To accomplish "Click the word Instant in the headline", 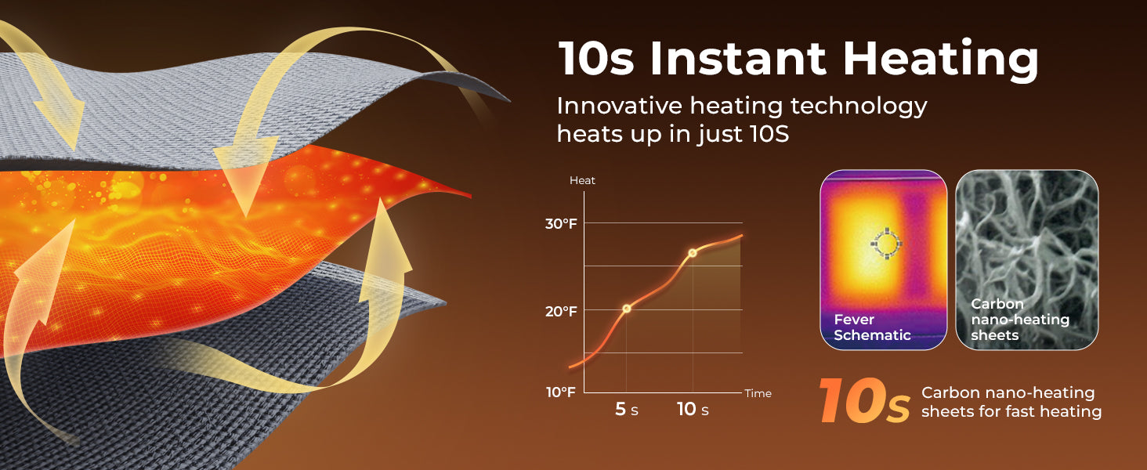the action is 738,59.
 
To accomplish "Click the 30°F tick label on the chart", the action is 561,224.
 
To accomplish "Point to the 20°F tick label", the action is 561,311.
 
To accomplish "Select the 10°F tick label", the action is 561,392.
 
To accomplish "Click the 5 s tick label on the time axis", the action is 627,409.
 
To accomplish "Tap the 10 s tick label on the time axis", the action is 693,409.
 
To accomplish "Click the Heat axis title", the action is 582,180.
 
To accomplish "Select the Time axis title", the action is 758,393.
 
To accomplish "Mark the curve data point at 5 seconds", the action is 626,308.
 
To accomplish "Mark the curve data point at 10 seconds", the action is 693,253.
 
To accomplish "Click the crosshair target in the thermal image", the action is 886,243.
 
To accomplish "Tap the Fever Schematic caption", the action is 872,327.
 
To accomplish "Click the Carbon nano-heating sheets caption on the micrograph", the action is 1020,320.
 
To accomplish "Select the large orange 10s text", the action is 864,401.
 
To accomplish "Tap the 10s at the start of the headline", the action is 596,59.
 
